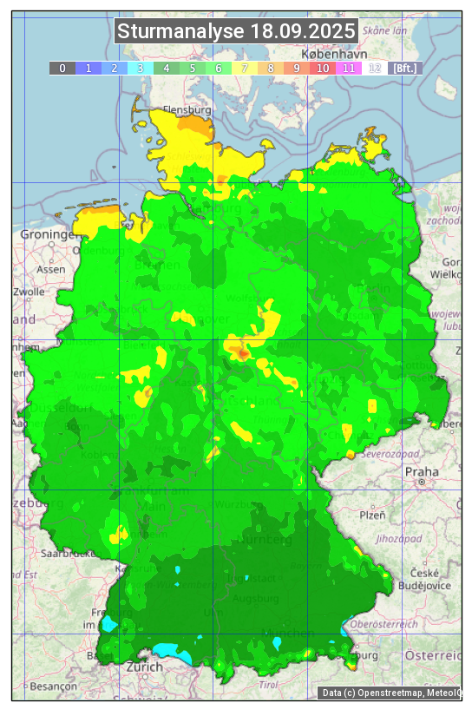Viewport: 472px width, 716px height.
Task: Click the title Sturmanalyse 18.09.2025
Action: point(236,32)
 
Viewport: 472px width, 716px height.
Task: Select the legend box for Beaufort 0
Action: point(62,68)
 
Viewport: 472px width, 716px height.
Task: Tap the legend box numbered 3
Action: point(141,68)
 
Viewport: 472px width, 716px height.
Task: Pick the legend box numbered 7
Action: point(245,68)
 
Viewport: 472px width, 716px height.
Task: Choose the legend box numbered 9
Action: point(297,68)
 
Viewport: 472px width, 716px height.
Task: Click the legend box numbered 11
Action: point(349,68)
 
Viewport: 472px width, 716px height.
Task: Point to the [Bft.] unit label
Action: point(404,68)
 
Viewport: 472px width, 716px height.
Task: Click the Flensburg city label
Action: point(187,111)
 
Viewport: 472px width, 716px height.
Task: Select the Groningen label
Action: point(49,234)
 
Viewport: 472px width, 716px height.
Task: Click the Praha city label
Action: point(421,471)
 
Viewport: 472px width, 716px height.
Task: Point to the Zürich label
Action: point(144,667)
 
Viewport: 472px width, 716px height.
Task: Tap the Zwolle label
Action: point(28,292)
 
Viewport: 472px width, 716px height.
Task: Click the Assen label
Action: point(51,269)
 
